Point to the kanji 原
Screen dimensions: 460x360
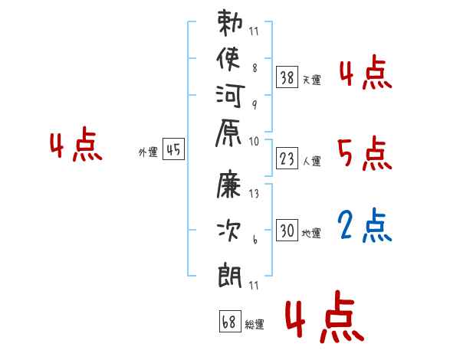point(228,133)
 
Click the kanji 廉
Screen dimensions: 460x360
point(228,184)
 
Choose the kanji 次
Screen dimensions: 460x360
point(228,231)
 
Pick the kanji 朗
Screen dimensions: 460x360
point(230,275)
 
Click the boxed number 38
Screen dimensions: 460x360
point(287,77)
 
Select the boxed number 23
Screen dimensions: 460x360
point(287,159)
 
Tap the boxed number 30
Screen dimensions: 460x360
point(287,230)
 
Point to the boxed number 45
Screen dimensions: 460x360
point(173,149)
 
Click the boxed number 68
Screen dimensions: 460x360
point(230,321)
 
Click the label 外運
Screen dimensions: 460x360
point(148,152)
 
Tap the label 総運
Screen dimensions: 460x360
point(255,324)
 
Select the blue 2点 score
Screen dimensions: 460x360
point(364,225)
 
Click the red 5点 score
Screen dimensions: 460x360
point(364,153)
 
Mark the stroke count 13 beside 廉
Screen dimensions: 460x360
point(254,194)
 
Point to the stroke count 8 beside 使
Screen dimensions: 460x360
point(255,68)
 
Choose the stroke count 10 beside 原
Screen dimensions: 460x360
point(254,142)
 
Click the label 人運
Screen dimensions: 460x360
point(311,161)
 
